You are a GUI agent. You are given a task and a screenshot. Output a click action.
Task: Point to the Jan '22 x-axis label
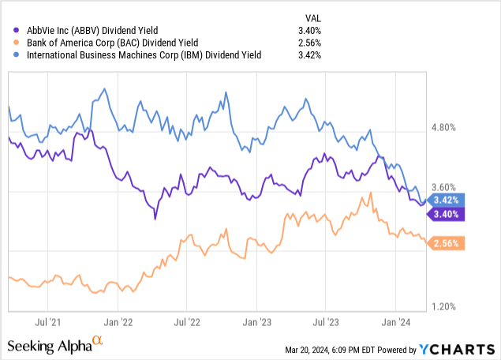(x=118, y=322)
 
